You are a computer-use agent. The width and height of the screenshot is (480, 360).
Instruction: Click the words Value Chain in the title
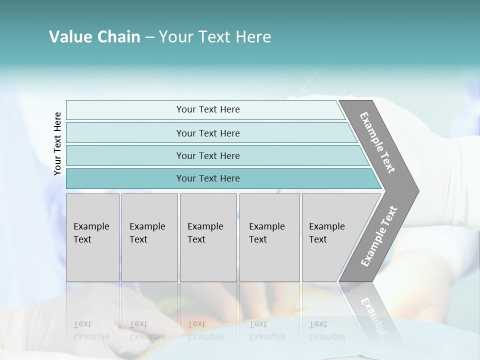click(x=94, y=37)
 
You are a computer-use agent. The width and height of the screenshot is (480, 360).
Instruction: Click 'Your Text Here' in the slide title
click(x=215, y=37)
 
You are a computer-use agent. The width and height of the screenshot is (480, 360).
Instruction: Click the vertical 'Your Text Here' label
click(x=57, y=143)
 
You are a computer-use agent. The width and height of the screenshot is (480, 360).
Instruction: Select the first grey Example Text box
click(x=92, y=237)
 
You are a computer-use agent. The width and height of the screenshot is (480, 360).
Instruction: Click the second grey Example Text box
click(x=149, y=237)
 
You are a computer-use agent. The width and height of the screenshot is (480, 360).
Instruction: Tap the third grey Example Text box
click(x=208, y=237)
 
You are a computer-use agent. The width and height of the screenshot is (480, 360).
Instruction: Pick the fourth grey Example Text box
click(x=269, y=237)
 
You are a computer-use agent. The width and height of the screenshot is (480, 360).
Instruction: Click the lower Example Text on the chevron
click(x=378, y=236)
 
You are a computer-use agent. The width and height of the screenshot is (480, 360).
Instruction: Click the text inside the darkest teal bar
click(x=208, y=178)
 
